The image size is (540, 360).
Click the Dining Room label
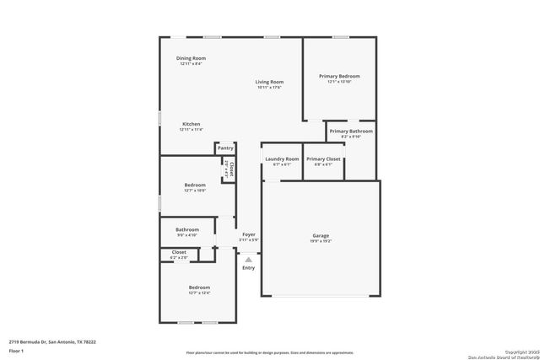coord(191,58)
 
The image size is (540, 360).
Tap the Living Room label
coord(270,82)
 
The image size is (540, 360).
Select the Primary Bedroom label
coord(339,76)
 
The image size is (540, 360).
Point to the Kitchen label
coord(191,124)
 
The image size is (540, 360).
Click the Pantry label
coord(225,148)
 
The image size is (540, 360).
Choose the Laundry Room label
coord(282,159)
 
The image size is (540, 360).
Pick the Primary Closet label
coord(323,159)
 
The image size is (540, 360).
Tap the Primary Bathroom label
coord(351,132)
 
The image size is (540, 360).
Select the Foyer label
coord(249,234)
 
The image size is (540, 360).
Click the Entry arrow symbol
coord(249,260)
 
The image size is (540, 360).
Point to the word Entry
coord(248,268)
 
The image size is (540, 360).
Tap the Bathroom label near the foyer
coord(187,229)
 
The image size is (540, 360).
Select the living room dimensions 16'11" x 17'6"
coord(270,87)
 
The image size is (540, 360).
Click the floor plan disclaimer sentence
coord(269,352)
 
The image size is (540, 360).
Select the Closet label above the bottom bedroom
coord(179,251)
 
